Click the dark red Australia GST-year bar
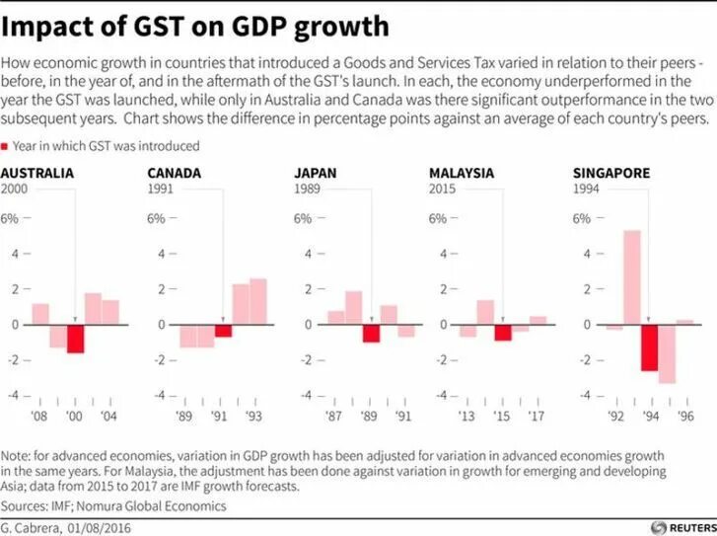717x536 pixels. coord(75,339)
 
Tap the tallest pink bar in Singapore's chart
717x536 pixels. coord(631,277)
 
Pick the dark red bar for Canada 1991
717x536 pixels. coord(224,331)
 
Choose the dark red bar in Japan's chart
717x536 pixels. coord(371,334)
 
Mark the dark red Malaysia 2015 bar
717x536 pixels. coord(503,333)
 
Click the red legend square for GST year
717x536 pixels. coord(7,146)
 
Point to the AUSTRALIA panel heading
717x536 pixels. coord(36,173)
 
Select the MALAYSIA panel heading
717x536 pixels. coord(462,173)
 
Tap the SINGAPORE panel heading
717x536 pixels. coord(611,173)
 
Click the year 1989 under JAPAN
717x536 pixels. coord(309,189)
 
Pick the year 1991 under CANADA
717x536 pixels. coord(161,189)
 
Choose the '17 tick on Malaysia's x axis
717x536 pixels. coord(537,416)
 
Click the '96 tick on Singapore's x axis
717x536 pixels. coord(684,416)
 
